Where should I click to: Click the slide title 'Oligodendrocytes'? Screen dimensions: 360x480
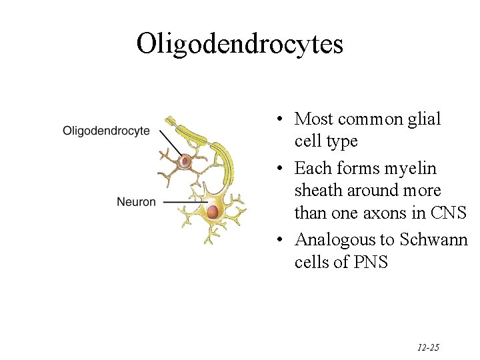(239, 45)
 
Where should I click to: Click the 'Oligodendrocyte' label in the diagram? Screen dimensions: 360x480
(106, 131)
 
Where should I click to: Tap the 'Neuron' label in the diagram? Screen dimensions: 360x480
(136, 201)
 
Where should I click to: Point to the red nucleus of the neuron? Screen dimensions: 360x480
(213, 212)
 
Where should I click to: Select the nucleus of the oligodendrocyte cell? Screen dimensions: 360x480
(185, 161)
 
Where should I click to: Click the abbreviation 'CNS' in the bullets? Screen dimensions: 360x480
(449, 213)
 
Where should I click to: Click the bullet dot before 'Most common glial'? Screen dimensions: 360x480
(283, 119)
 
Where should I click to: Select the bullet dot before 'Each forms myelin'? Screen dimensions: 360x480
(283, 168)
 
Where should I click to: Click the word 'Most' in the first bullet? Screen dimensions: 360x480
(314, 119)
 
